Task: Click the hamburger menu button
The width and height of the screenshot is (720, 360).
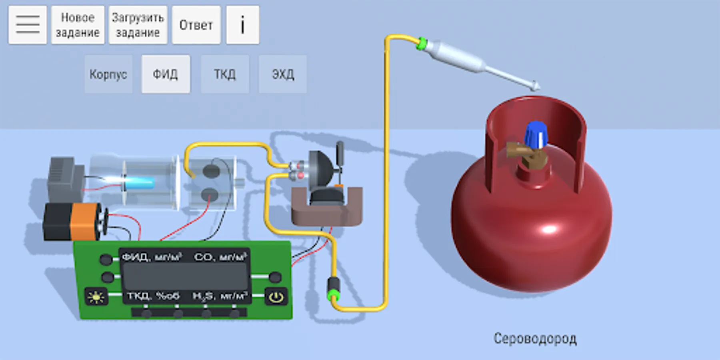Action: (x=28, y=25)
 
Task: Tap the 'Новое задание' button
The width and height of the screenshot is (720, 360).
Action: (x=78, y=25)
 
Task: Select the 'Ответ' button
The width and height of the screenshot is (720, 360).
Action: (x=196, y=25)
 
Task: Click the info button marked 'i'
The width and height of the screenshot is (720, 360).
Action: (x=242, y=25)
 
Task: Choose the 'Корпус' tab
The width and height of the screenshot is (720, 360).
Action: (x=108, y=74)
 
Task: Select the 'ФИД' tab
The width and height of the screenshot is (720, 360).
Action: (x=166, y=74)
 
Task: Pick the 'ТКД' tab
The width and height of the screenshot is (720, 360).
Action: (x=225, y=74)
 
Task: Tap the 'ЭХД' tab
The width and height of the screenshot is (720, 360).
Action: (x=283, y=74)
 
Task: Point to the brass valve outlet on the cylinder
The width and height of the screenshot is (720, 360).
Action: (x=516, y=150)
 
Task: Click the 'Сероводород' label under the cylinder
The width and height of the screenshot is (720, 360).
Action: (x=535, y=339)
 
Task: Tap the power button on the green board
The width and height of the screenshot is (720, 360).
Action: (x=276, y=297)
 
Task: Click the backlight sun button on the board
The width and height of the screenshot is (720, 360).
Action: (x=96, y=297)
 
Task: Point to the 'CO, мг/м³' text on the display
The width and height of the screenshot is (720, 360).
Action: (x=220, y=257)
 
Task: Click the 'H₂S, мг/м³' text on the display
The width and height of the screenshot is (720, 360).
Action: (x=220, y=296)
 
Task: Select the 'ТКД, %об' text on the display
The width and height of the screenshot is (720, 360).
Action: (x=153, y=296)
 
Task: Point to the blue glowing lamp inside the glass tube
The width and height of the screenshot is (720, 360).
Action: (x=140, y=183)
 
